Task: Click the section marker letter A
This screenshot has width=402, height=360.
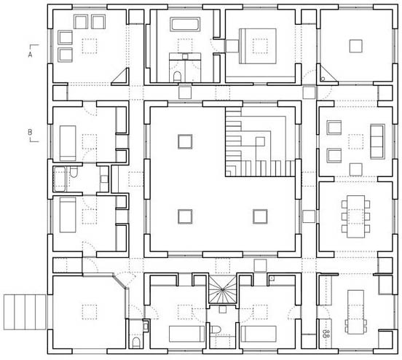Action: tap(31, 55)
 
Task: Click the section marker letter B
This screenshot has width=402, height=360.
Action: tap(30, 133)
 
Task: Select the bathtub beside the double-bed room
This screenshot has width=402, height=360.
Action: tap(185, 24)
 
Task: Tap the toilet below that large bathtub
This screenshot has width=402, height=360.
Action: tap(177, 77)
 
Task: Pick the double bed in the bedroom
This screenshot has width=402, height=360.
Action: tap(258, 46)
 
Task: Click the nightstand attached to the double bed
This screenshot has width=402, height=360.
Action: tap(232, 46)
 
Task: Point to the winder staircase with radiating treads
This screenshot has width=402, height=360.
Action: tap(223, 289)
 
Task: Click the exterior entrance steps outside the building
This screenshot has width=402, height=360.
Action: tap(25, 312)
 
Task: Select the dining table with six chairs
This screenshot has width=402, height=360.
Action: tap(355, 216)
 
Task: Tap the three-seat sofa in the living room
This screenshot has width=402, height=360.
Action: tap(377, 141)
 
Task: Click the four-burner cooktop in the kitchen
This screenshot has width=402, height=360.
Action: tap(326, 334)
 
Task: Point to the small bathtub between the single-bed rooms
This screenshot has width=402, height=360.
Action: tap(60, 179)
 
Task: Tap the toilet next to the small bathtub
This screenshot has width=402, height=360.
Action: tap(74, 172)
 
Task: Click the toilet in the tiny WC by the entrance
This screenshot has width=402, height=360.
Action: tap(136, 343)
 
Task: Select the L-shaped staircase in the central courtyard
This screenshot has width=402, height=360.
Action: tap(260, 142)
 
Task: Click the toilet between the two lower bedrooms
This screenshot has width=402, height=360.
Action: tap(215, 329)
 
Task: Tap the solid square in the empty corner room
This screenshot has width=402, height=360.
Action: tap(355, 46)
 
